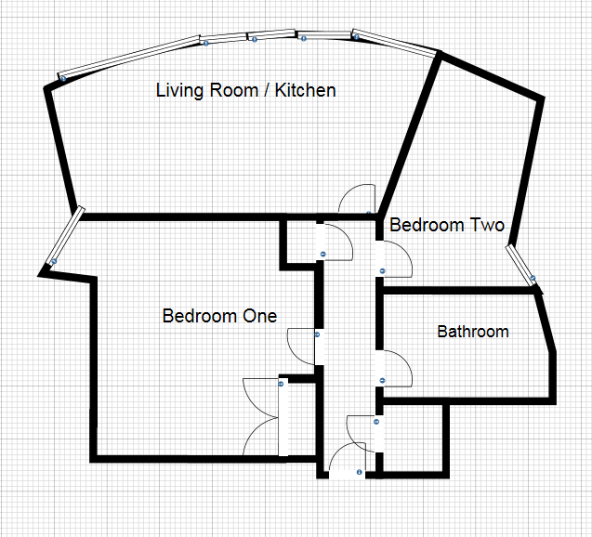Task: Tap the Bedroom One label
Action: pos(219,316)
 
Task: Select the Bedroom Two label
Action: pos(446,226)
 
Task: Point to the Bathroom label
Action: pos(473,332)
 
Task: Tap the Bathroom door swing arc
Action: pos(397,370)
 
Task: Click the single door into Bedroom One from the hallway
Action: pos(303,347)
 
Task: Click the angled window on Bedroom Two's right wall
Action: pos(521,265)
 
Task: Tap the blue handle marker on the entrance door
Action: pos(361,473)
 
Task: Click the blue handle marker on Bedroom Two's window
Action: pos(533,279)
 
